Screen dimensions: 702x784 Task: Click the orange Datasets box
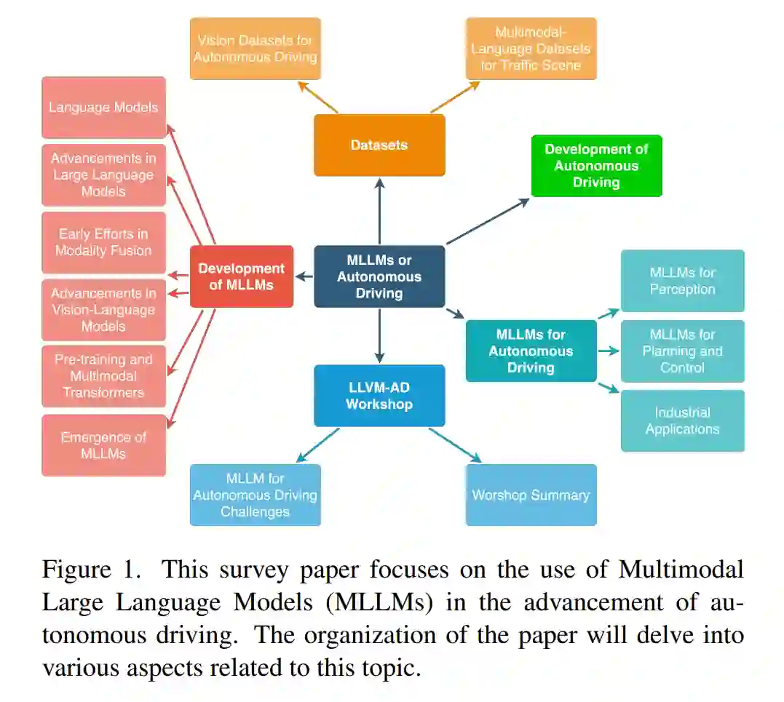pyautogui.click(x=379, y=145)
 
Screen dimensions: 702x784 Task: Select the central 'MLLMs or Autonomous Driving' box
pyautogui.click(x=379, y=276)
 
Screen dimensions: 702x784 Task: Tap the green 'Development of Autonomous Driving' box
pyautogui.click(x=596, y=165)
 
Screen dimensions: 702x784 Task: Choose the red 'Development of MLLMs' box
pyautogui.click(x=242, y=276)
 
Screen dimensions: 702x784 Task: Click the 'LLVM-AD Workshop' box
pyautogui.click(x=379, y=395)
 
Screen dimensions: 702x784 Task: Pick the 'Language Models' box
pyautogui.click(x=103, y=108)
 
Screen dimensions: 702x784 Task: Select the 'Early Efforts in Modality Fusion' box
pyautogui.click(x=103, y=242)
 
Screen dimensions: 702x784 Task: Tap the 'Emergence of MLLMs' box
pyautogui.click(x=103, y=445)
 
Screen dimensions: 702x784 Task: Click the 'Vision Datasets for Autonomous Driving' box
pyautogui.click(x=256, y=48)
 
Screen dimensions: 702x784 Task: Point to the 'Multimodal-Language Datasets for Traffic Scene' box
pyautogui.click(x=531, y=48)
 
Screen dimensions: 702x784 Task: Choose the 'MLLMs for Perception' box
pyautogui.click(x=682, y=281)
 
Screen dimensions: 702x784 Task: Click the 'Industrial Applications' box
pyautogui.click(x=682, y=420)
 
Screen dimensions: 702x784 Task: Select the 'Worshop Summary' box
pyautogui.click(x=531, y=495)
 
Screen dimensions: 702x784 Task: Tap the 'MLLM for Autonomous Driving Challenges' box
pyautogui.click(x=256, y=495)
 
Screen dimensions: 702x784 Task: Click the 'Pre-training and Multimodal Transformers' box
pyautogui.click(x=103, y=376)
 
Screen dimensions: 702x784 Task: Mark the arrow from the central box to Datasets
pyautogui.click(x=379, y=211)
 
